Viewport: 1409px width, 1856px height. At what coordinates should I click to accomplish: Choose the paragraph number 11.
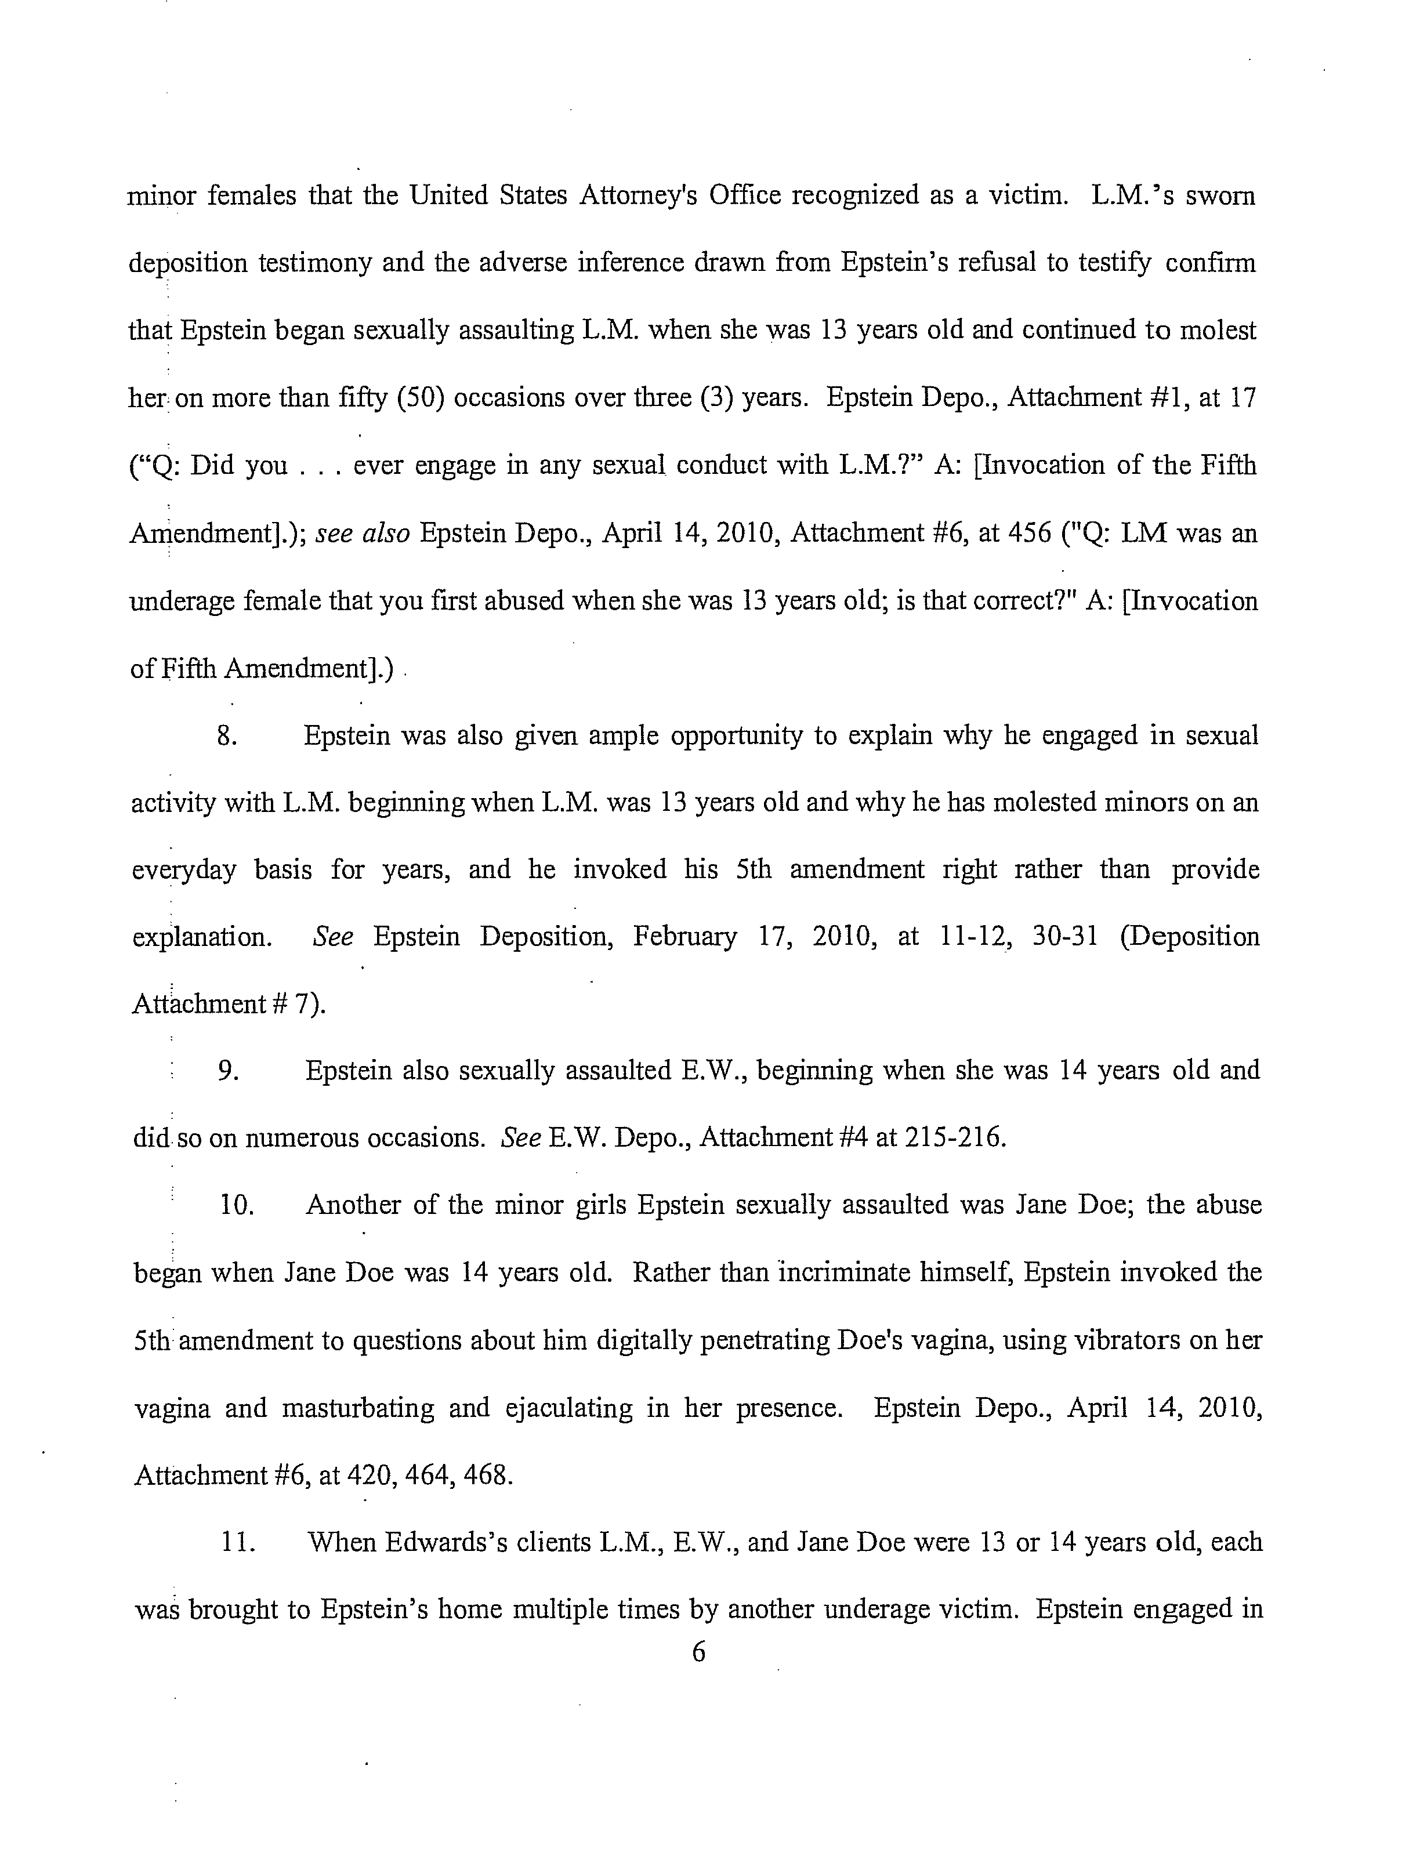coord(237,1542)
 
